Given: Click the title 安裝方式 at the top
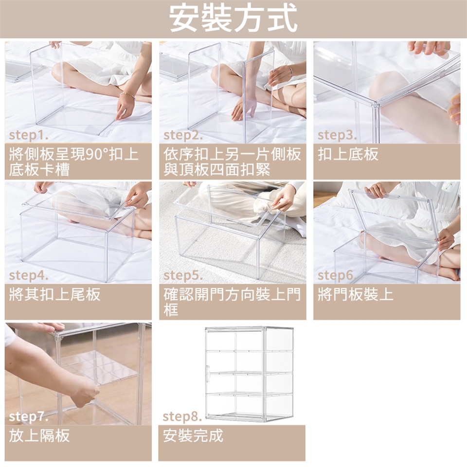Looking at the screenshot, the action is point(233,18).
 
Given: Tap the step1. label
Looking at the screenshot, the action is point(29,135).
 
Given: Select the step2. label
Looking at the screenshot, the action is point(183,135).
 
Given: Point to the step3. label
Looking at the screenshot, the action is point(337,135).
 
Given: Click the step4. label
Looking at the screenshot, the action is point(29,275).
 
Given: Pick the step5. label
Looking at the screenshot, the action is point(183,275).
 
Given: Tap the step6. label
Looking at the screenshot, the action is point(337,275).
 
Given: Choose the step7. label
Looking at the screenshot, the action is point(29,417).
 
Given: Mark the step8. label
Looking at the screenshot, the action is point(182,417).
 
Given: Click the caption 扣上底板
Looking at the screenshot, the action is point(348,154).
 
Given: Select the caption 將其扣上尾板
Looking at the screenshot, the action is point(55,294).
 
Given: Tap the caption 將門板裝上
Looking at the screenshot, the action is point(356,294).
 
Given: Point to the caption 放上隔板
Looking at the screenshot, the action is point(39,435).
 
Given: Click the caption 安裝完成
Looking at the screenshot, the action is point(193,435).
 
